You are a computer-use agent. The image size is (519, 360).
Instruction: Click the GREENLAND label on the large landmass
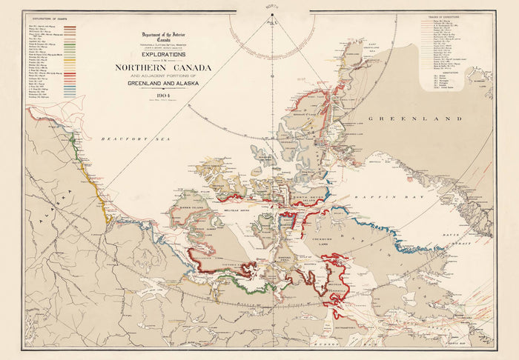[x=426, y=119]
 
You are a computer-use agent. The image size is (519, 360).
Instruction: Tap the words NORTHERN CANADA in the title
[x=162, y=68]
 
